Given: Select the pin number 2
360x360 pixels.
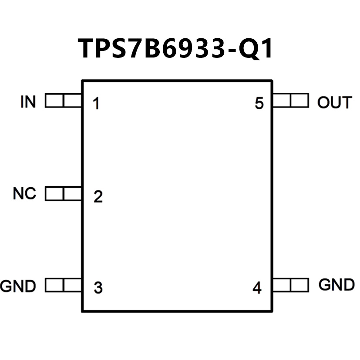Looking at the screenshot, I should pyautogui.click(x=98, y=197).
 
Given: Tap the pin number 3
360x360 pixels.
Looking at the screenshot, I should pyautogui.click(x=98, y=288).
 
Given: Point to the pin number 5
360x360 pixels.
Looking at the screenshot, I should pyautogui.click(x=259, y=104).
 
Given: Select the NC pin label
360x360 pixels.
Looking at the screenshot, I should pyautogui.click(x=24, y=194).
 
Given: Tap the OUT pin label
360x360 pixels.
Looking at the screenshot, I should pyautogui.click(x=334, y=103).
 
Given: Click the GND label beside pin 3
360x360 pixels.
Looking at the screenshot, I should pyautogui.click(x=18, y=286).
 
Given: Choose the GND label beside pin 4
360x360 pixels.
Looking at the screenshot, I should pyautogui.click(x=336, y=285).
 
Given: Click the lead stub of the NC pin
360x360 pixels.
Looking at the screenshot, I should pyautogui.click(x=64, y=194).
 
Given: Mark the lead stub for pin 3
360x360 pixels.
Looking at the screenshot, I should pyautogui.click(x=64, y=286).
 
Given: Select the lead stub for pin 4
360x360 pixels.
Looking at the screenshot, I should pyautogui.click(x=290, y=285).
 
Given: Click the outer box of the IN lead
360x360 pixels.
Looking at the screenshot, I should pyautogui.click(x=54, y=101).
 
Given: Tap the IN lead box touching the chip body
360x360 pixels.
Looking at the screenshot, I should pyautogui.click(x=73, y=101).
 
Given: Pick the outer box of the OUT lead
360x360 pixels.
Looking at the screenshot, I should pyautogui.click(x=299, y=101).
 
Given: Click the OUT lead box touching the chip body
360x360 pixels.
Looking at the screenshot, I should pyautogui.click(x=281, y=101).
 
